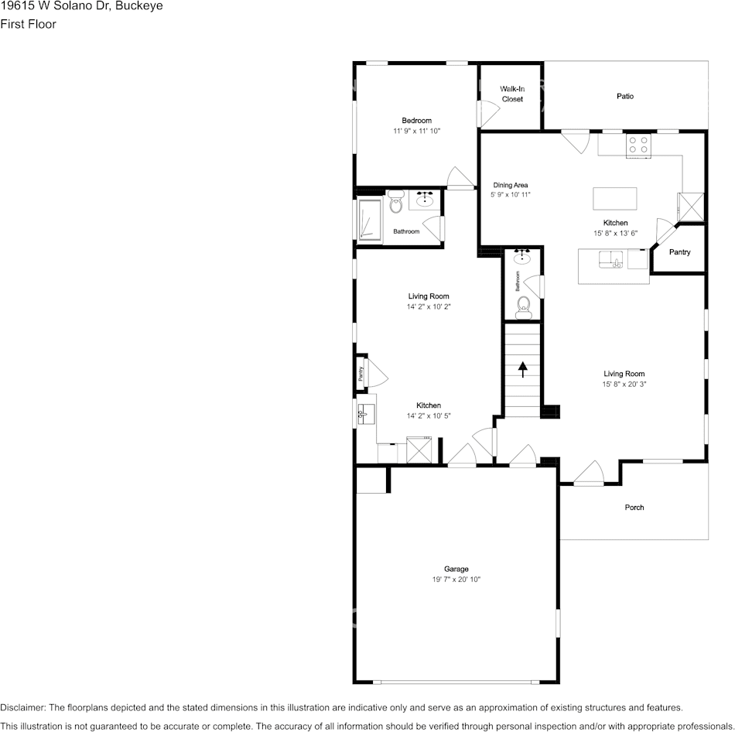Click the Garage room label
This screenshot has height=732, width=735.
coord(456,569)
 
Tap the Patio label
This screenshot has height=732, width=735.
coord(625,96)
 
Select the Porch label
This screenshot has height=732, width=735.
coord(634,508)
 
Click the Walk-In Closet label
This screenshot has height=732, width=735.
coord(512,94)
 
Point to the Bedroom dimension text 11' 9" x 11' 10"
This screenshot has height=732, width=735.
coord(417,131)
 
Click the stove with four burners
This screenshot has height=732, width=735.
coord(638,145)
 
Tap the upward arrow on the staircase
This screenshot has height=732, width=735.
coord(523,370)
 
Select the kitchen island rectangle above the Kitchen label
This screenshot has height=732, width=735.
coord(615,199)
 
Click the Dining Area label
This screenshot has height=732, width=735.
coord(511,185)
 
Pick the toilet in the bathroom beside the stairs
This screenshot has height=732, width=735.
coord(523,308)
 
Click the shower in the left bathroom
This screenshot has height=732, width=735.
coord(369,221)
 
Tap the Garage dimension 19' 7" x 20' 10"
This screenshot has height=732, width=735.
coord(456,579)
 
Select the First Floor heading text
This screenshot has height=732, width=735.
coord(28,24)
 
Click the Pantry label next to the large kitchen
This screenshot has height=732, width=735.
coord(680,251)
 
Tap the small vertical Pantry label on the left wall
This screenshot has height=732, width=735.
coord(361,373)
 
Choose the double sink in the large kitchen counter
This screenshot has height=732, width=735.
coord(610,260)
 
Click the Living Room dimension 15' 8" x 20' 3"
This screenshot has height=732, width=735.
coord(624,384)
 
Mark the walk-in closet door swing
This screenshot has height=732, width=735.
coord(489,114)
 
